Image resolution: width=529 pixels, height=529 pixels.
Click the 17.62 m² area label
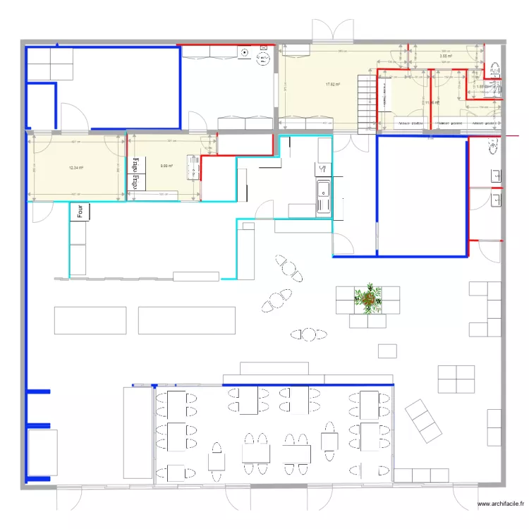(x=333, y=85)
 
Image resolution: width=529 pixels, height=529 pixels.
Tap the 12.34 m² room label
(x=76, y=168)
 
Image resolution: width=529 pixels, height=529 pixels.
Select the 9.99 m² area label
(x=166, y=166)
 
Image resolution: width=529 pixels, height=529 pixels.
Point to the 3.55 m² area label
(x=445, y=56)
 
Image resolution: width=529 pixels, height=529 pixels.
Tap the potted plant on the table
(x=367, y=298)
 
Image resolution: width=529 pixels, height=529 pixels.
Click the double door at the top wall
(x=332, y=31)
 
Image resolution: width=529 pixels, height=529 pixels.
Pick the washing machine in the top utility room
(x=245, y=54)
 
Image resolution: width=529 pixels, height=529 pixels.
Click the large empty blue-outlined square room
(x=422, y=195)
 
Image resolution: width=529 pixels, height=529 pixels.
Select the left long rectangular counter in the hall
(x=90, y=320)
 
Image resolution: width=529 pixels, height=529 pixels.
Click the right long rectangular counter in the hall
(x=186, y=320)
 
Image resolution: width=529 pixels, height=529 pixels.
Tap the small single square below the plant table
(x=387, y=351)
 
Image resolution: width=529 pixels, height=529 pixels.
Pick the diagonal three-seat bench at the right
(x=423, y=421)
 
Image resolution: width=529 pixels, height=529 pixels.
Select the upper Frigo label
(x=132, y=165)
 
